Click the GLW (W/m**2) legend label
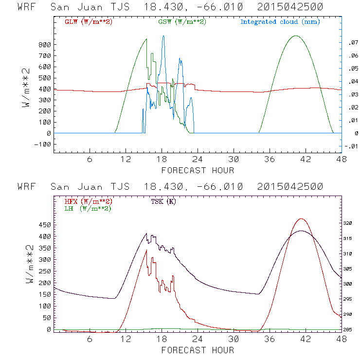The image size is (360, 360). pos(88,22)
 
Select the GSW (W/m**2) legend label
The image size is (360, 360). pos(181,22)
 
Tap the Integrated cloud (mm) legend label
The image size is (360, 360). pos(280,22)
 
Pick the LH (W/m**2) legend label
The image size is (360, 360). pos(88,208)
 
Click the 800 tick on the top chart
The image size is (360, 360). pos(44,44)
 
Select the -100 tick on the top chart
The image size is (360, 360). pos(42,144)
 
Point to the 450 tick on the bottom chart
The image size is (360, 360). pos(44,225)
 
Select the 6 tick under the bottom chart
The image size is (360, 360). pos(90,338)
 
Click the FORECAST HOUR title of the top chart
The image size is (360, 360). pos(198,170)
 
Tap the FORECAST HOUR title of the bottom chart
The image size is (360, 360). pos(198,350)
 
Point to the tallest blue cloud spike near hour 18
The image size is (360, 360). pos(163,36)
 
